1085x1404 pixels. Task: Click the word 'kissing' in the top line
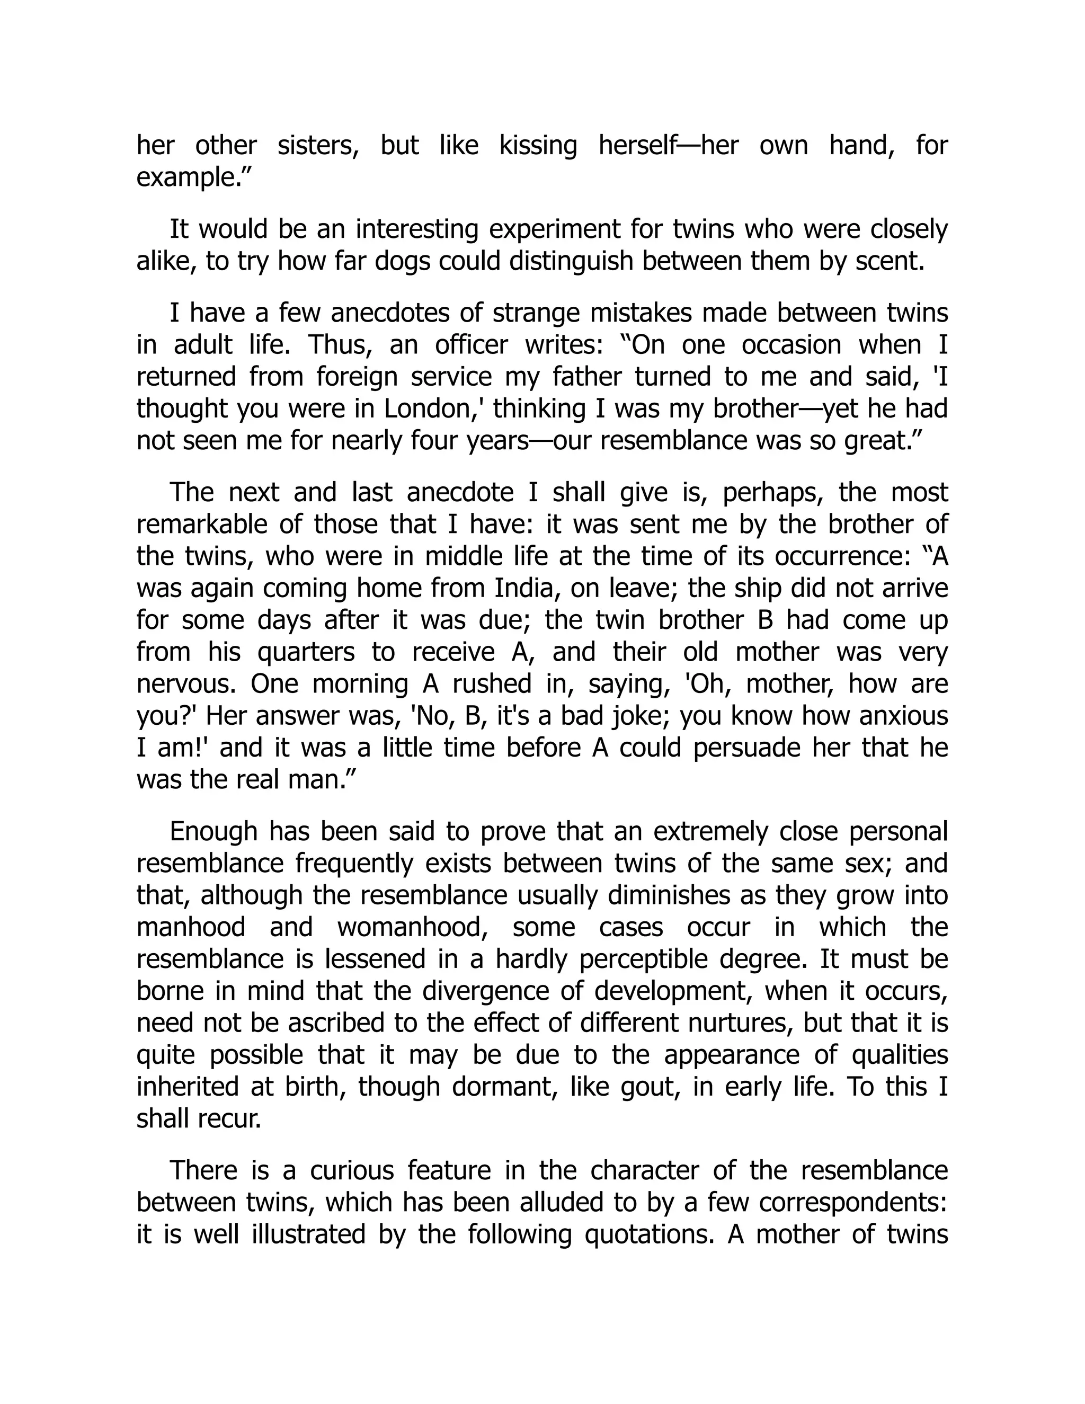tap(538, 146)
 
